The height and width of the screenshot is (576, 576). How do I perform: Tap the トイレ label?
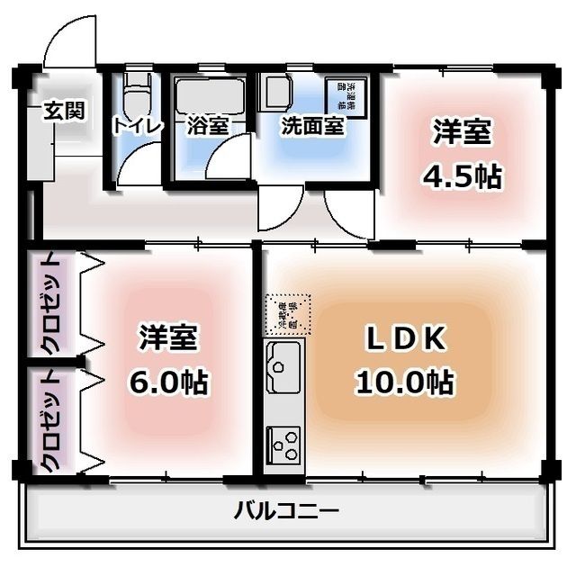137,126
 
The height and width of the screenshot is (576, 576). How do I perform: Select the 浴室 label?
207,126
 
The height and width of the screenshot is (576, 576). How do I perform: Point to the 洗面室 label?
312,126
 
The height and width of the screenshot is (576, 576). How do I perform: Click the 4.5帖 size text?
462,176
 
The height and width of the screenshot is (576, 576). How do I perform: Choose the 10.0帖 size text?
402,382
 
